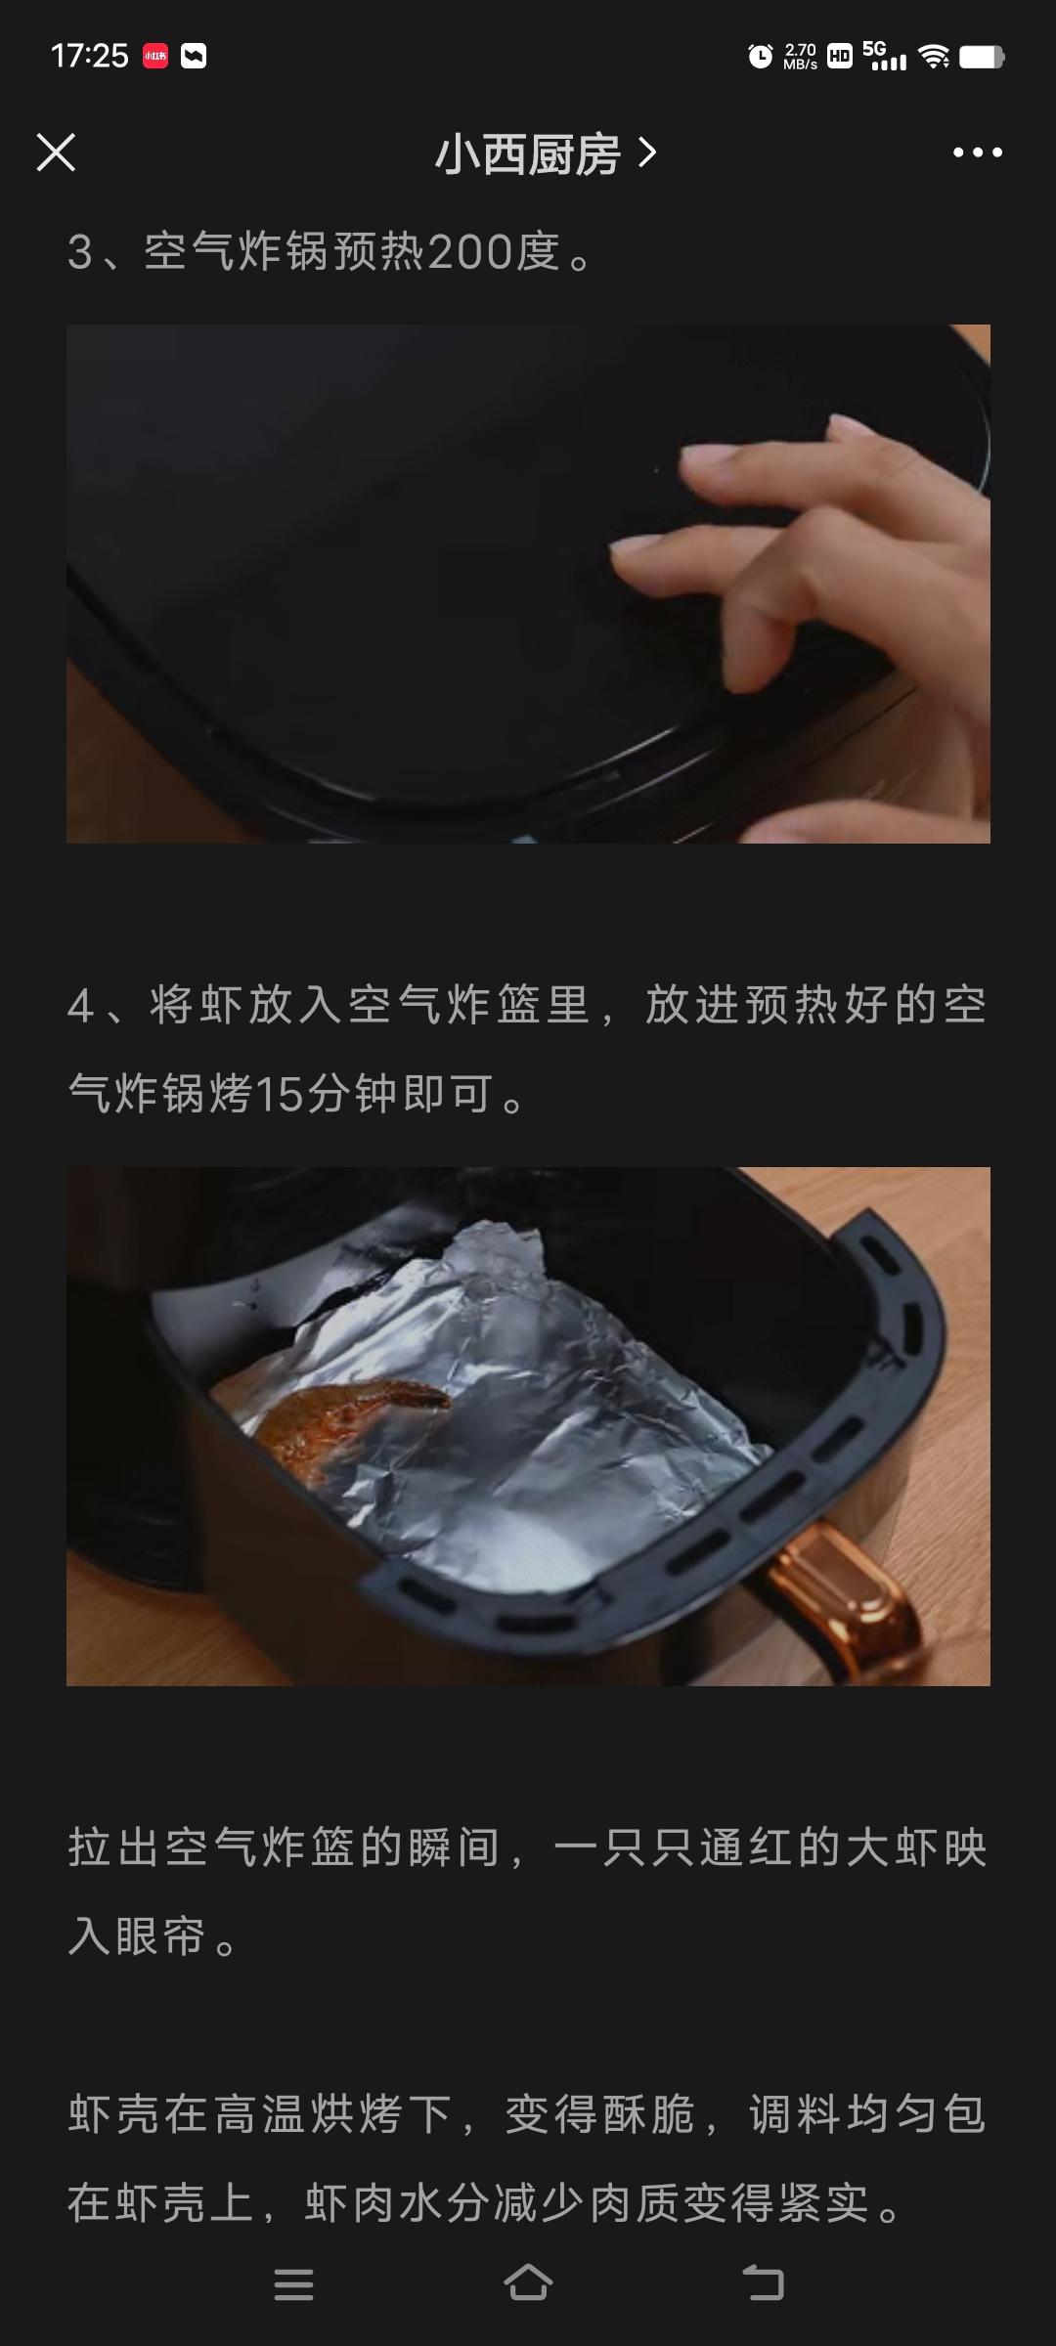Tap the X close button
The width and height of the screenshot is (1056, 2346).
tap(56, 152)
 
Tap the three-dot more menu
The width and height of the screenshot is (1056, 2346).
tap(978, 152)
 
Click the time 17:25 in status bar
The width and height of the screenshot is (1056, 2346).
tap(90, 56)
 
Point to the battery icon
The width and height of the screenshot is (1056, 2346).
tap(982, 57)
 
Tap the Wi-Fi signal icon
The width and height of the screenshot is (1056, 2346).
tap(935, 57)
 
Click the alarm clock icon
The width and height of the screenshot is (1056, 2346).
tap(760, 57)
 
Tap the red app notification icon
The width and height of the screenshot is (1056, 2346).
tap(155, 57)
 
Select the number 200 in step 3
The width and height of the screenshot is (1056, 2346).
tap(471, 252)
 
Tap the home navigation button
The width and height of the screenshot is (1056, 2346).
tap(528, 2283)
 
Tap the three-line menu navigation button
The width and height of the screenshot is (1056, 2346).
tap(293, 2284)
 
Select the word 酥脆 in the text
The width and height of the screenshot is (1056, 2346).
tap(648, 2114)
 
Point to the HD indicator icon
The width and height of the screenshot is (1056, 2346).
tap(839, 57)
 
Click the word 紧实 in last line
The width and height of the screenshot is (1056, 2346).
tap(823, 2202)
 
